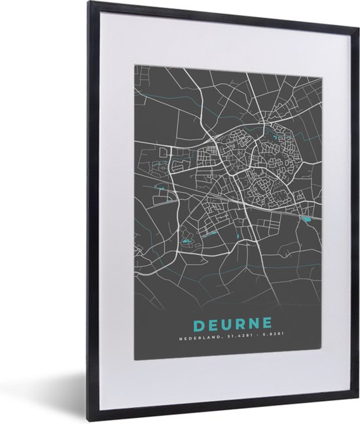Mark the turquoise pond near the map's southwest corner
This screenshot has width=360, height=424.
tap(187, 243)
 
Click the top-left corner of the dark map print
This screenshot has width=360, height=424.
tap(135, 64)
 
